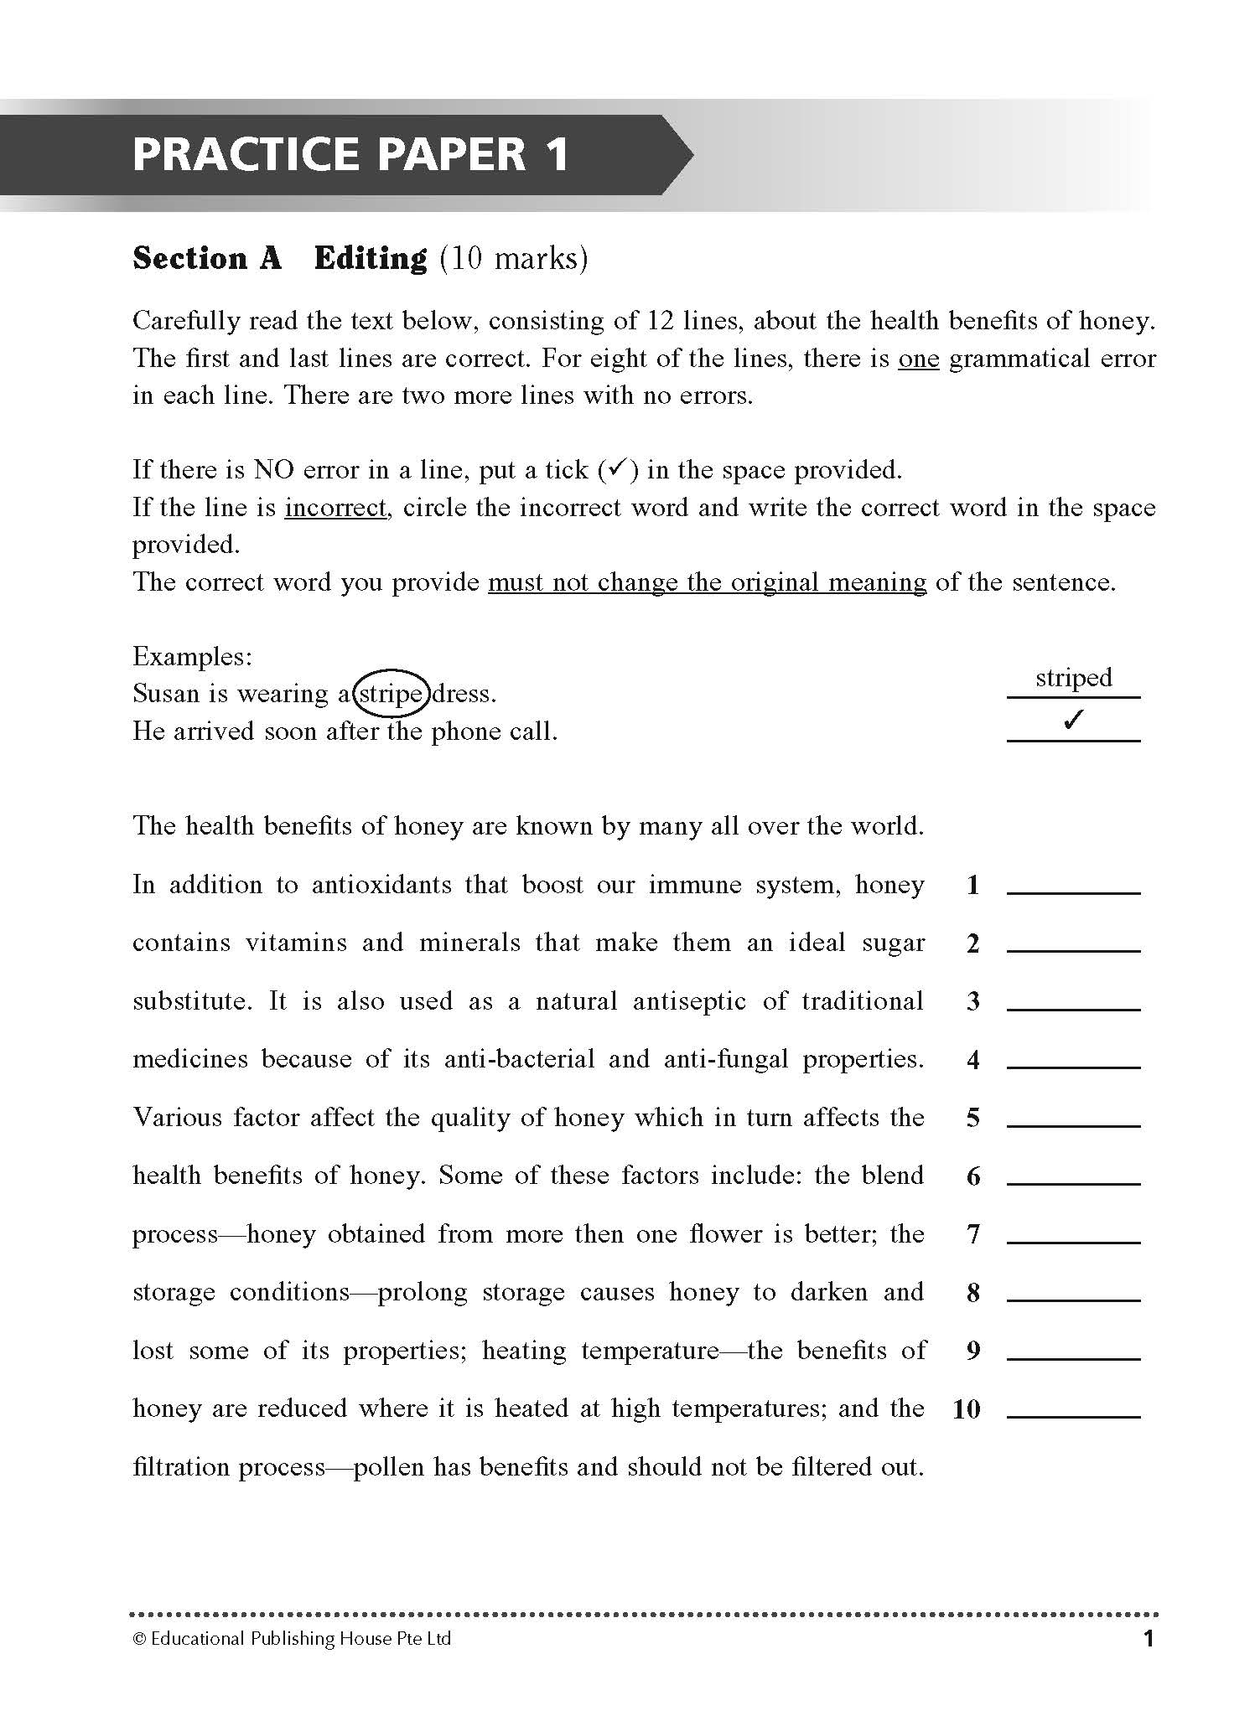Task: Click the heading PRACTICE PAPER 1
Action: [350, 155]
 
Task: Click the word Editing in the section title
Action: [370, 258]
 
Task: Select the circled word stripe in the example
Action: [391, 695]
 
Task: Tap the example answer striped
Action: [1073, 678]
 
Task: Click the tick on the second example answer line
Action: [1073, 720]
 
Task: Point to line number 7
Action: [972, 1234]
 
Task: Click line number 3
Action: [972, 1001]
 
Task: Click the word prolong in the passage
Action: [423, 1293]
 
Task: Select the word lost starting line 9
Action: [153, 1351]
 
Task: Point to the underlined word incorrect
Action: [335, 508]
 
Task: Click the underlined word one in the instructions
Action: [918, 359]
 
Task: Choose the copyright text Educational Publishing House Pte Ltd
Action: [292, 1638]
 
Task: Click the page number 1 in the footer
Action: [1149, 1638]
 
